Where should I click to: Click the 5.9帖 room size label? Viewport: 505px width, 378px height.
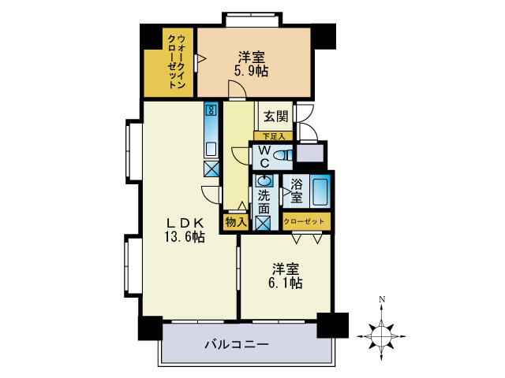point(252,71)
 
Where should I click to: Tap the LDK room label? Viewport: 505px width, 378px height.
point(185,221)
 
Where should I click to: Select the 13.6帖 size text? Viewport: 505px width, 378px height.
point(185,236)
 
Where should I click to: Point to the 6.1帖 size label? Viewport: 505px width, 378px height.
point(284,282)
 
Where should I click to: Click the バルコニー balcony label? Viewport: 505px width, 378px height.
point(237,344)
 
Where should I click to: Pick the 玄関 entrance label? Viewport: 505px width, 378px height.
point(275,117)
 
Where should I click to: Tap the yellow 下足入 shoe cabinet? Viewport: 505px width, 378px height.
point(273,136)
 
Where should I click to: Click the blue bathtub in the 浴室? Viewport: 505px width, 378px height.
point(320,192)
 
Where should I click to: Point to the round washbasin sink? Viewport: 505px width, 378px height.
point(264,180)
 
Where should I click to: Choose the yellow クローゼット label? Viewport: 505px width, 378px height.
point(303,222)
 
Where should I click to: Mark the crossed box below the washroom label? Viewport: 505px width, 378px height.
point(264,222)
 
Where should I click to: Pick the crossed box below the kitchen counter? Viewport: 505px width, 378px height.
point(211,167)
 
